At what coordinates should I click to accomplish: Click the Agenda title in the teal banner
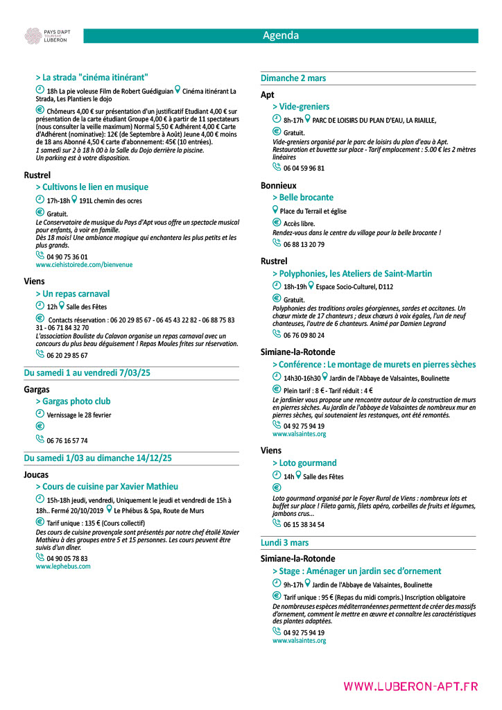point(281,35)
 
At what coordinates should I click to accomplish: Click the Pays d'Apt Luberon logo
point(46,36)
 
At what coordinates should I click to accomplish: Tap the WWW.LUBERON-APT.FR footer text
point(410,686)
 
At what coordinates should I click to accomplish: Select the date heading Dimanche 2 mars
point(293,78)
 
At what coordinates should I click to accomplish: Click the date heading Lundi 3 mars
point(285,543)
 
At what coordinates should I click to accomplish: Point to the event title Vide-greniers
point(304,107)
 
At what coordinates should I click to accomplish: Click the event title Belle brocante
point(306,198)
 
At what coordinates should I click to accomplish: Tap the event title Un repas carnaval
point(76,294)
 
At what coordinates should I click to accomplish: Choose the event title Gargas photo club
point(76,401)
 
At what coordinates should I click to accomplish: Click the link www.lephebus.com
point(63,566)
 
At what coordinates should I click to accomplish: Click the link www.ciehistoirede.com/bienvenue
point(84,265)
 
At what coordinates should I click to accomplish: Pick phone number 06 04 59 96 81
point(304,168)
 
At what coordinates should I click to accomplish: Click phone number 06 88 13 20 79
point(304,245)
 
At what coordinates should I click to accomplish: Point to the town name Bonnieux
point(278,186)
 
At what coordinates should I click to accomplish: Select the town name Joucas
point(36,475)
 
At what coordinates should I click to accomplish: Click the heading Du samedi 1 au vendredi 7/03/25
point(87,373)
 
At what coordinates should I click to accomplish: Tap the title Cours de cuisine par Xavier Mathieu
point(110,487)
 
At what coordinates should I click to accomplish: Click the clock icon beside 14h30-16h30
point(277,377)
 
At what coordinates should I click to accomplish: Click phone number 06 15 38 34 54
point(304,525)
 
